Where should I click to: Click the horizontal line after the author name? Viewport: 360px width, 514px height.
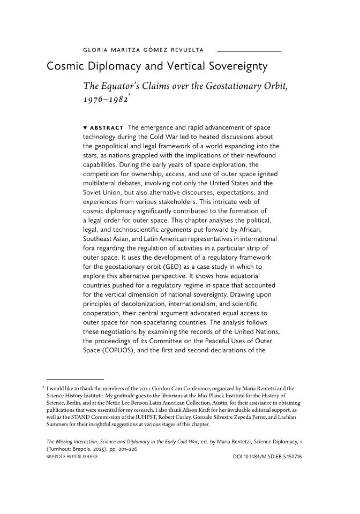(x=249, y=51)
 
